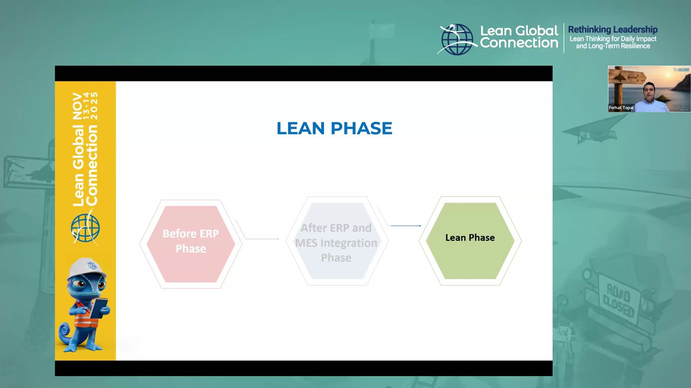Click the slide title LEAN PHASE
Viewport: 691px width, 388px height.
click(x=334, y=128)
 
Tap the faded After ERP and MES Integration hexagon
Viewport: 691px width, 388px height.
click(x=336, y=242)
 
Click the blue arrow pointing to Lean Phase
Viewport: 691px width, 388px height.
click(x=405, y=226)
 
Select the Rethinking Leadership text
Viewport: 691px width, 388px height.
click(x=612, y=30)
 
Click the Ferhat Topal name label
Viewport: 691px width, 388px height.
click(x=621, y=108)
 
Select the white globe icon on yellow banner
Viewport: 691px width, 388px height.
click(x=85, y=227)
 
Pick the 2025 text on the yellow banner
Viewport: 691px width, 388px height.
click(x=95, y=106)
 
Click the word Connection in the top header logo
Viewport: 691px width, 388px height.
click(x=519, y=43)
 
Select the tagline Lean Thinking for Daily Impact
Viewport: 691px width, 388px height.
click(x=613, y=39)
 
